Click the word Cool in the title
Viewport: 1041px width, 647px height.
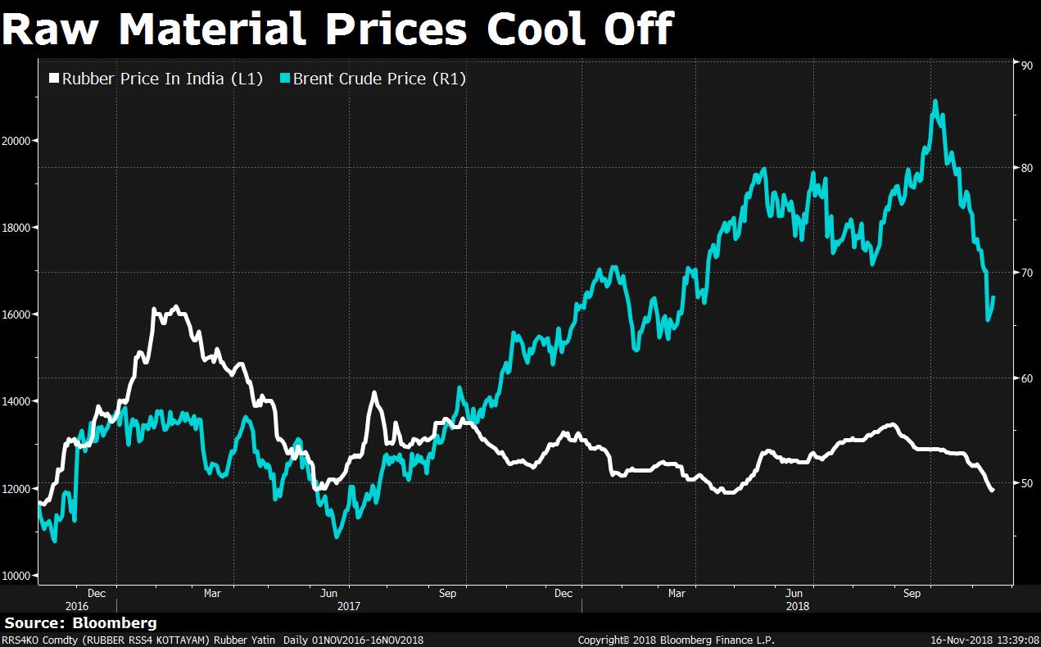pyautogui.click(x=541, y=29)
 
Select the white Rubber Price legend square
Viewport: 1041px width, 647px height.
pyautogui.click(x=54, y=79)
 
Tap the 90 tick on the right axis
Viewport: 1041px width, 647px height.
pyautogui.click(x=1023, y=63)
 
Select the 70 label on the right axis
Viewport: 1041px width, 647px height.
pyautogui.click(x=1023, y=273)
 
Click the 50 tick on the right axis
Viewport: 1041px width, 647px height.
pyautogui.click(x=1023, y=483)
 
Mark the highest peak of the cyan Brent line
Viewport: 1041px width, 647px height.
pyautogui.click(x=935, y=102)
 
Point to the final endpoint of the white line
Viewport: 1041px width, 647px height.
pyautogui.click(x=993, y=491)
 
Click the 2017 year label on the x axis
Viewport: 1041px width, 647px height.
pyautogui.click(x=350, y=607)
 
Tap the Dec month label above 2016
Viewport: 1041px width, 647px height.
pyautogui.click(x=96, y=593)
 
